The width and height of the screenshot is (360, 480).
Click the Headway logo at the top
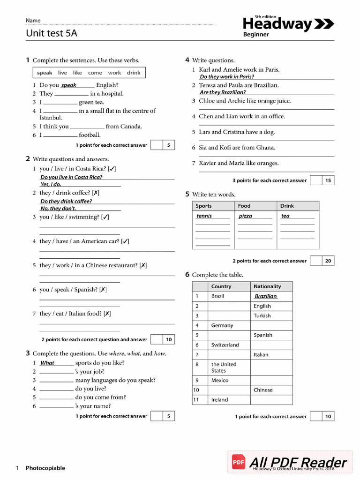288,24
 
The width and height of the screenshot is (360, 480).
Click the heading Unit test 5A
52,33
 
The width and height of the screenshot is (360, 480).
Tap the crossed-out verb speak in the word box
45,73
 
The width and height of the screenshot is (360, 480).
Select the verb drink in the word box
134,73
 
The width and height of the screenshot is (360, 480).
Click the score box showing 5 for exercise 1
168,145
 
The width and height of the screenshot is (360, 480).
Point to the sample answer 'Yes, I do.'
51,184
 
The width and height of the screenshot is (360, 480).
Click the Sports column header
204,206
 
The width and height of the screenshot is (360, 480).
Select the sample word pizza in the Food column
245,216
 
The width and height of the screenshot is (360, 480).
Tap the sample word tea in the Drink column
285,216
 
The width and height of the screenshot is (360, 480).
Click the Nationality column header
267,286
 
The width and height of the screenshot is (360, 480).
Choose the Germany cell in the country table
222,325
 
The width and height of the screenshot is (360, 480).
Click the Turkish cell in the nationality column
262,315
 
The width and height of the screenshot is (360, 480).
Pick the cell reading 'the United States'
224,367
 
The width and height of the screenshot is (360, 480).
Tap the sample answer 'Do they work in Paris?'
227,77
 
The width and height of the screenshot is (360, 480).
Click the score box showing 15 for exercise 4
328,180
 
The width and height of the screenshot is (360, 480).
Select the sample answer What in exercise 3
47,363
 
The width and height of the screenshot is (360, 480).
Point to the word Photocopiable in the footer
45,468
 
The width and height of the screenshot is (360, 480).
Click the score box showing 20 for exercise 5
328,261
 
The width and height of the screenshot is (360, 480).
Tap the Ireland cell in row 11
219,400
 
